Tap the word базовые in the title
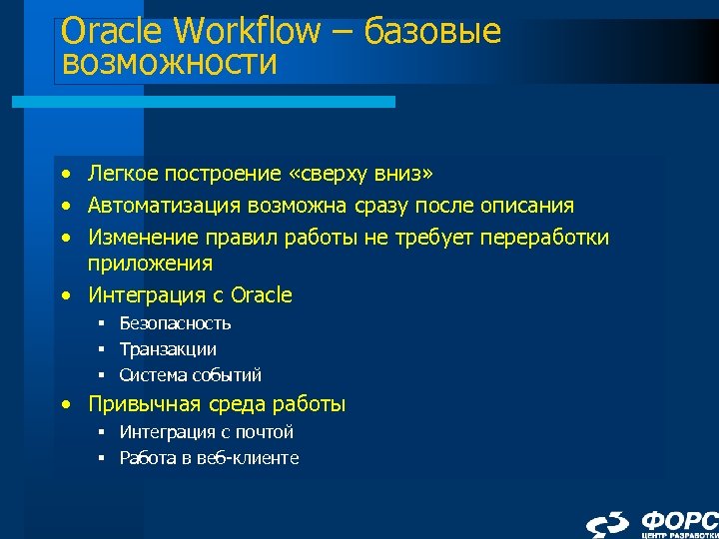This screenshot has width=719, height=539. pyautogui.click(x=432, y=31)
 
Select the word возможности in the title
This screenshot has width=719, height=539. pyautogui.click(x=168, y=65)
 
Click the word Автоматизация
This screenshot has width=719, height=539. pyautogui.click(x=165, y=206)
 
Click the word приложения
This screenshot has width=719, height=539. pyautogui.click(x=150, y=264)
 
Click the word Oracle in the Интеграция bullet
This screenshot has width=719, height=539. pyautogui.click(x=262, y=294)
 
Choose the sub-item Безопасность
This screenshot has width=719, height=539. pyautogui.click(x=175, y=323)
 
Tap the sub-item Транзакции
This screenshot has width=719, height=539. pyautogui.click(x=168, y=349)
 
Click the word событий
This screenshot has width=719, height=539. pyautogui.click(x=229, y=375)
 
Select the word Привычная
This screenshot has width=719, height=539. pyautogui.click(x=147, y=404)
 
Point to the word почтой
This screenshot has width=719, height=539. pyautogui.click(x=264, y=432)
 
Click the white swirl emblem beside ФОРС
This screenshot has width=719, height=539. pyautogui.click(x=607, y=524)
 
